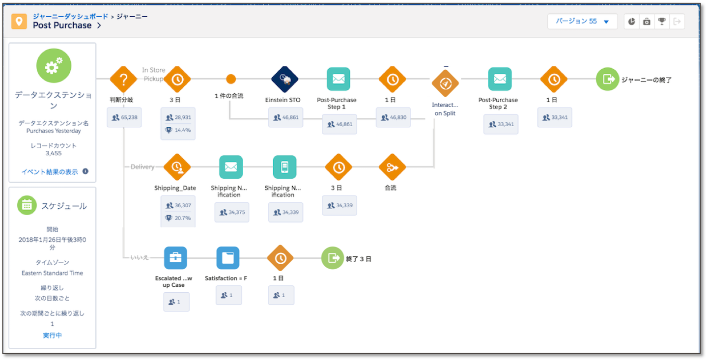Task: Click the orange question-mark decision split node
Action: [x=123, y=79]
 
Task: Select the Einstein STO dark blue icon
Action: [x=284, y=79]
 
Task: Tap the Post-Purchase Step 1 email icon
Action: [x=339, y=79]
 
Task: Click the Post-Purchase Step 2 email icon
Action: [x=500, y=79]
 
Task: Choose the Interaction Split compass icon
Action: [x=445, y=83]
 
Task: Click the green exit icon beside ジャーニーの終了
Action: [x=608, y=79]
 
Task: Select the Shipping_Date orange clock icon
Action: [x=177, y=167]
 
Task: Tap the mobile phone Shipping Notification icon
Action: [x=284, y=167]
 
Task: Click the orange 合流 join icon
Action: [x=392, y=167]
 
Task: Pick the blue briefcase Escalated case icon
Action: [x=175, y=258]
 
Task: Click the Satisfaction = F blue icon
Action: [x=228, y=258]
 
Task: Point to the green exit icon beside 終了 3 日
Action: [x=333, y=258]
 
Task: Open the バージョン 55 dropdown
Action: [x=582, y=22]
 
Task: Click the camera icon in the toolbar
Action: [x=647, y=22]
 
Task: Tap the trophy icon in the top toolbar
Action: [x=662, y=22]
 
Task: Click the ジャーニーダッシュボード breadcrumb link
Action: [x=70, y=16]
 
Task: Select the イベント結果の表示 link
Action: [x=50, y=172]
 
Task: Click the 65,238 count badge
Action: [x=124, y=117]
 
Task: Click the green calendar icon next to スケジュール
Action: [x=27, y=205]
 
